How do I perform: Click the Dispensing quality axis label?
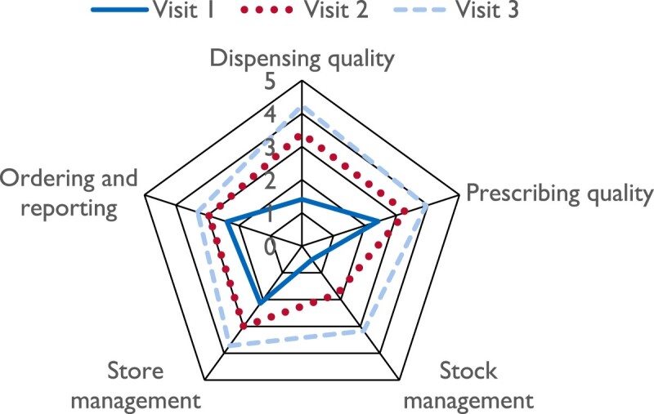point(302,59)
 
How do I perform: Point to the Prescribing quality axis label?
point(560,194)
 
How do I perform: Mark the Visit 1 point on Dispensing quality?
point(302,199)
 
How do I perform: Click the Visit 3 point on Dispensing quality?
point(302,108)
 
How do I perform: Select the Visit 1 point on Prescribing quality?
point(379,220)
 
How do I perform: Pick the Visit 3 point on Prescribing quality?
point(427,205)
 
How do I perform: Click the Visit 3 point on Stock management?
point(364,330)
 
